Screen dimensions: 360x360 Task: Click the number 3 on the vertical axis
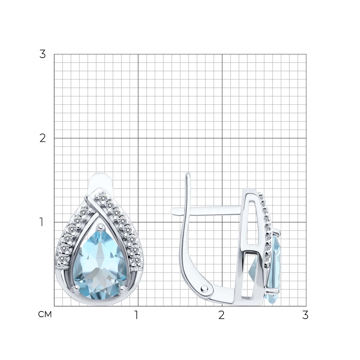42,54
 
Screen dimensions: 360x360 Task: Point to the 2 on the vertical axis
42,138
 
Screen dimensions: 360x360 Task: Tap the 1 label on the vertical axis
41,222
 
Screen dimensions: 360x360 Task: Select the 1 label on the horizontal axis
136,315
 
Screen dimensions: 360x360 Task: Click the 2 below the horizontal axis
221,315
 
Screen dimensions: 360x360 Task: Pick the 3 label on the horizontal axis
305,315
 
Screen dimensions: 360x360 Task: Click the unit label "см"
45,314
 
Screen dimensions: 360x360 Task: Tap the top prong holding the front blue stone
100,227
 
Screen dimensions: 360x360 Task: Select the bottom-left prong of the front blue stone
75,288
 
